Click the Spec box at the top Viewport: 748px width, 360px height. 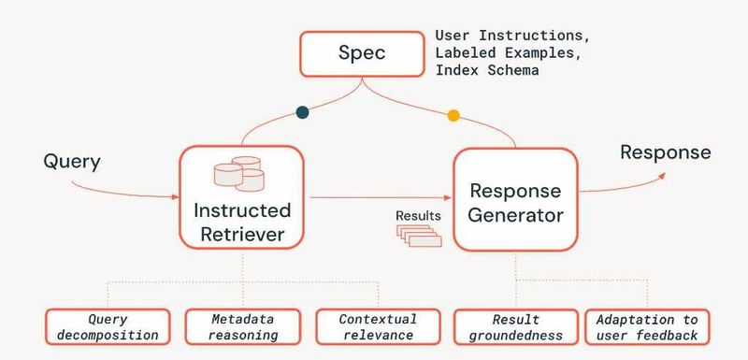coord(361,54)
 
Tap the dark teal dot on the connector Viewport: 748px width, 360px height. coord(302,112)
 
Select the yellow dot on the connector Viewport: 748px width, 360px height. coord(453,116)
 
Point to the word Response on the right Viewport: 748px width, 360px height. coord(666,152)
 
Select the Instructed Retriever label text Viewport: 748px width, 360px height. coord(242,221)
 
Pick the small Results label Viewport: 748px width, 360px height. coord(417,215)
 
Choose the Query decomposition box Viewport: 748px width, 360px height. coord(108,326)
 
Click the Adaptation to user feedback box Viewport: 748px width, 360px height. coord(647,326)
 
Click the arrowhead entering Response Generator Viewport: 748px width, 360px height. coord(449,198)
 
